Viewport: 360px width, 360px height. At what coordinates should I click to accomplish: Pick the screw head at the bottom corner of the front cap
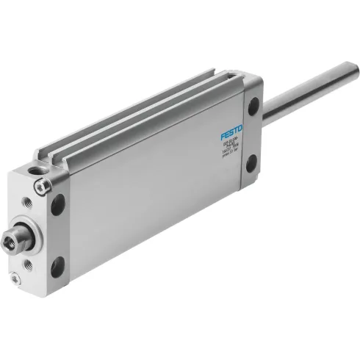(x=15, y=277)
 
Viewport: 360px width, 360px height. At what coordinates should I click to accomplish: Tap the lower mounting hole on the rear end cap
(x=251, y=163)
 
